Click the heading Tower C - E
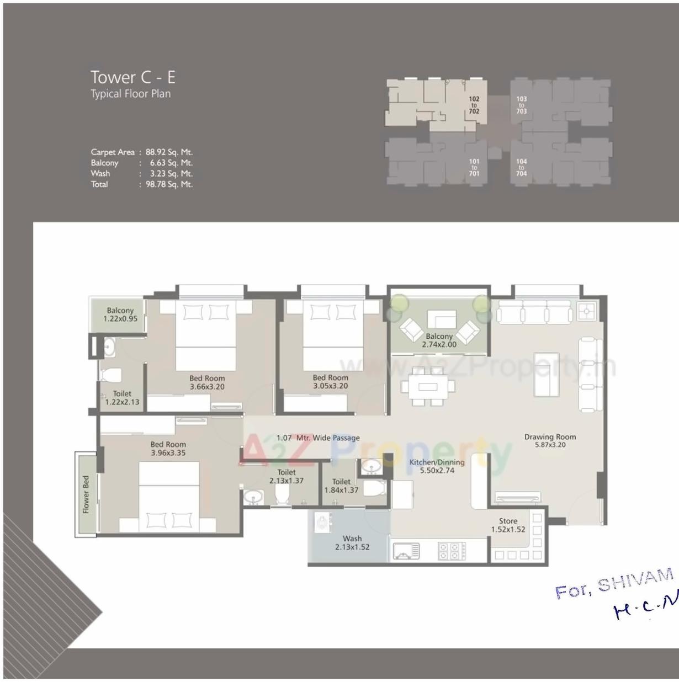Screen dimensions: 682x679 click(132, 77)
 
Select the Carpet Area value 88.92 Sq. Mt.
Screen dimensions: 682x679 click(169, 152)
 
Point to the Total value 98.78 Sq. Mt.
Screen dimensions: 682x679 click(169, 184)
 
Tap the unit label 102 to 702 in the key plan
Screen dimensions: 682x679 click(474, 105)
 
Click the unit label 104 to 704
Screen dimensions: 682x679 click(521, 167)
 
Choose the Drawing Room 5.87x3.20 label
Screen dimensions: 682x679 click(550, 440)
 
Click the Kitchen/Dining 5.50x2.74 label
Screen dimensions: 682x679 click(437, 466)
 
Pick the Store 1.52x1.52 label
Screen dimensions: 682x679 click(508, 525)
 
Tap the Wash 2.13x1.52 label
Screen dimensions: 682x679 click(352, 542)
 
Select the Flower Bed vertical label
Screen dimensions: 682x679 click(86, 494)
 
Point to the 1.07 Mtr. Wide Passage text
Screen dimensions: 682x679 click(318, 438)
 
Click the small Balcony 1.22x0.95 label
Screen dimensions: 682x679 click(120, 315)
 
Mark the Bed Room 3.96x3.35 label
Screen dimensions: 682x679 click(168, 448)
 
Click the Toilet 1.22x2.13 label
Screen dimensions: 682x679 click(122, 397)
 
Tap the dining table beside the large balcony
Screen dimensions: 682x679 click(428, 386)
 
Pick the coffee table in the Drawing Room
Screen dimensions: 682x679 click(546, 374)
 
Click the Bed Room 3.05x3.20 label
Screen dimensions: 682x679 click(330, 382)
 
